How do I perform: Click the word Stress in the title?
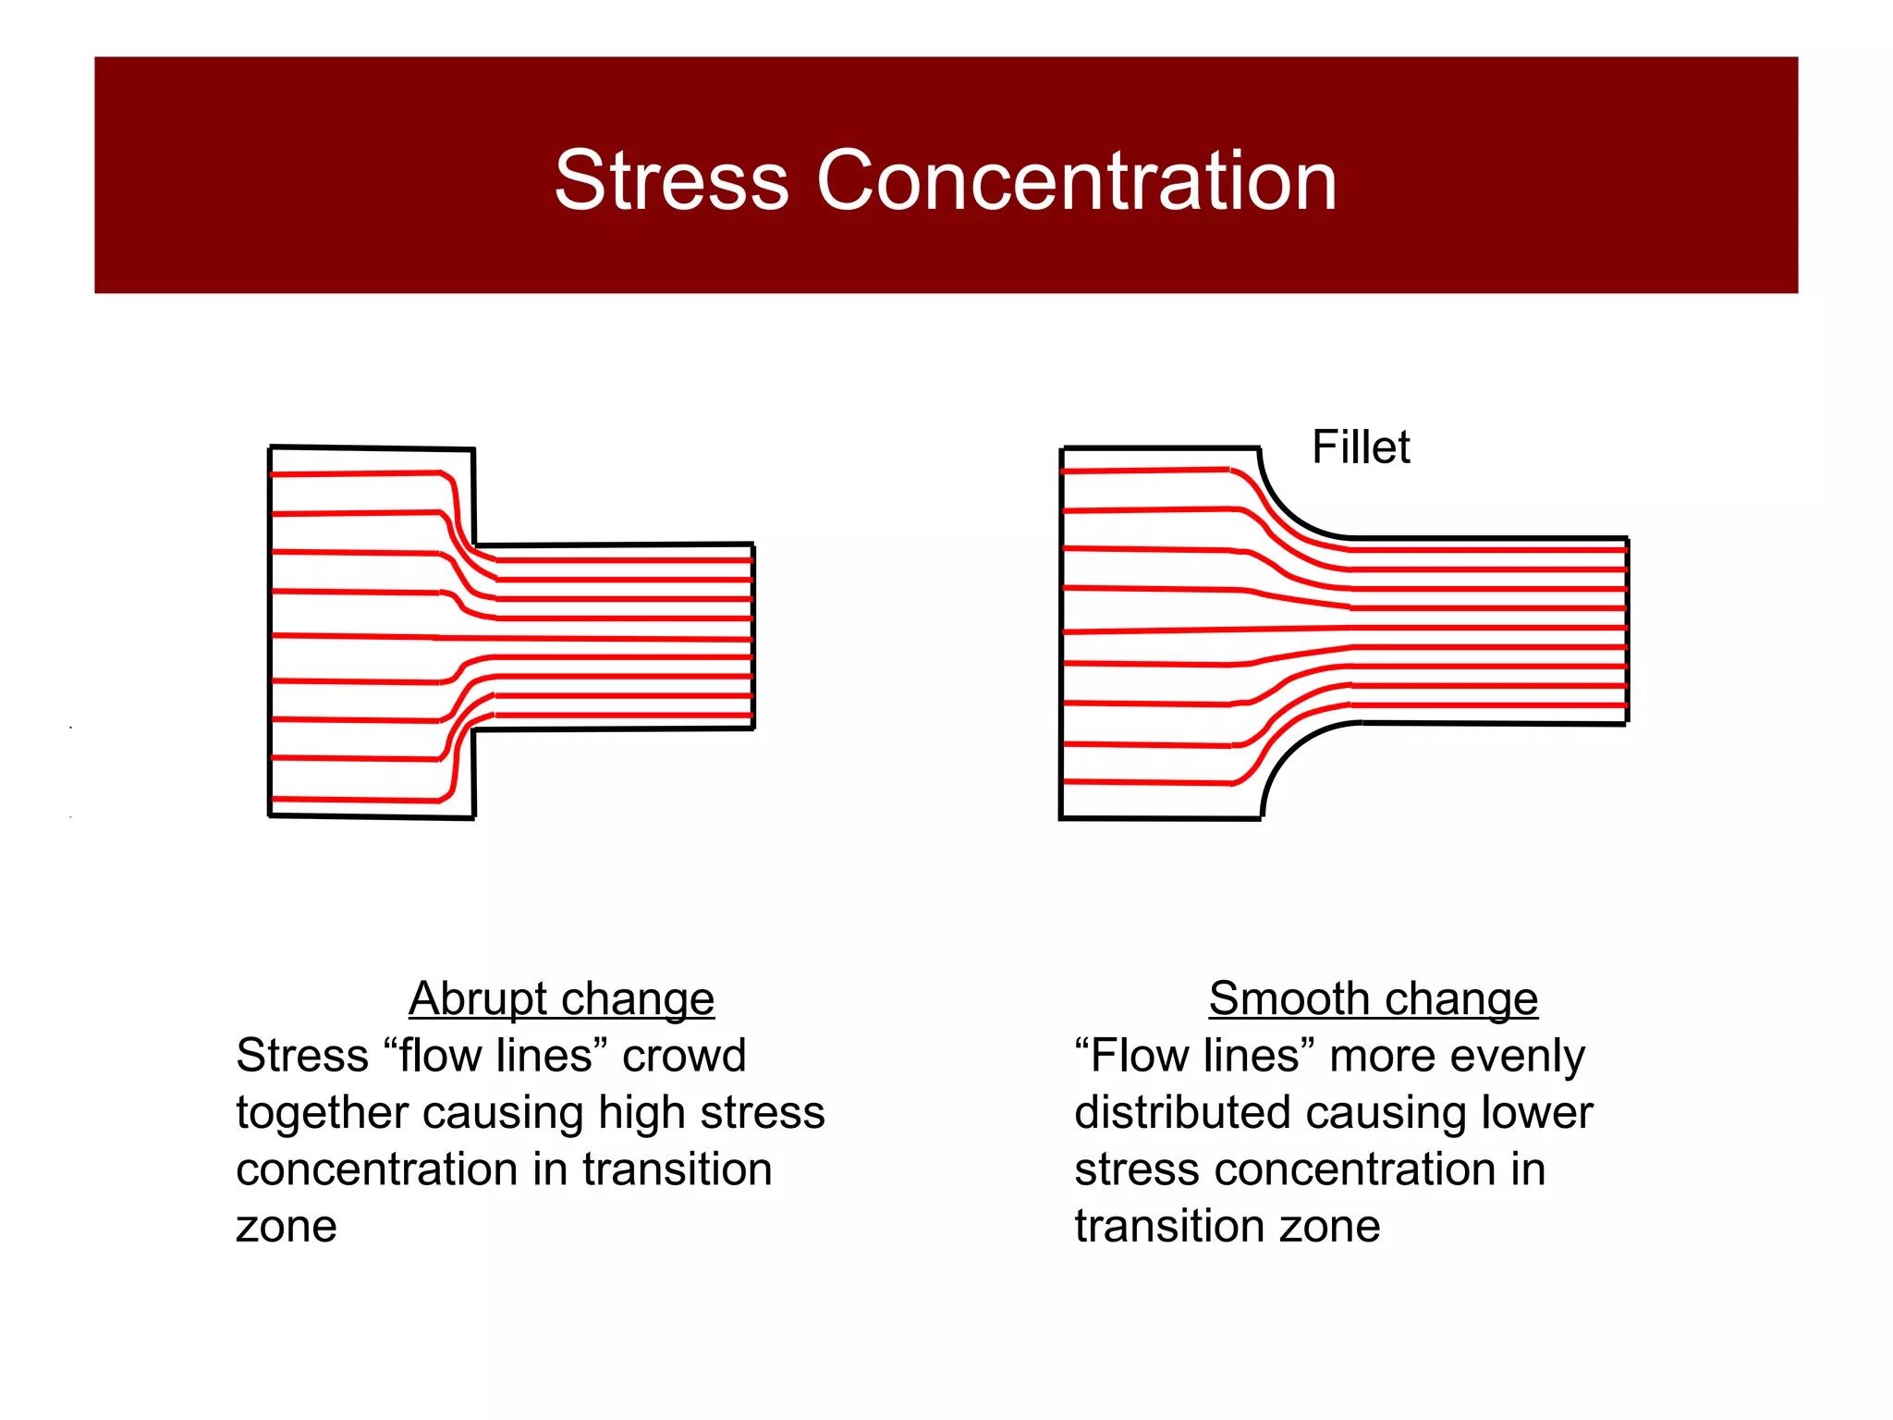click(x=671, y=180)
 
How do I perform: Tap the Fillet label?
click(x=1361, y=447)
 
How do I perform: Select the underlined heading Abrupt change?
click(x=561, y=998)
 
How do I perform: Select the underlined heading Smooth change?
click(x=1373, y=998)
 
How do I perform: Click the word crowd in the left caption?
click(x=683, y=1056)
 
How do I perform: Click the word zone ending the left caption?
click(x=287, y=1227)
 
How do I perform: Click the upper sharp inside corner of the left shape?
click(x=474, y=545)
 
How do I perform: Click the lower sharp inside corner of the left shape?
click(x=473, y=729)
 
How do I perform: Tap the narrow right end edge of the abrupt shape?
click(x=753, y=636)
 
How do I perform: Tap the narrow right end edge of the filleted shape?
click(x=1627, y=630)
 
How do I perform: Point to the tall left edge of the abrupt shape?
click(x=270, y=632)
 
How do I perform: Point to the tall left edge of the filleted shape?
click(x=1062, y=632)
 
